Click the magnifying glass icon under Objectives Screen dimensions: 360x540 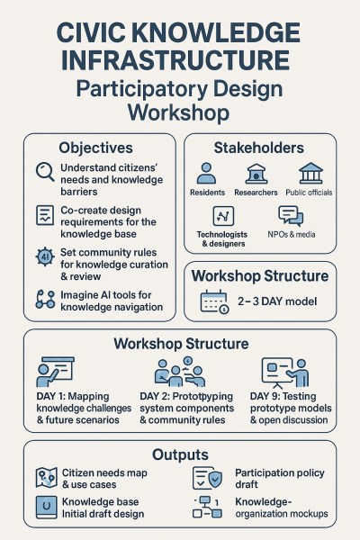[45, 172]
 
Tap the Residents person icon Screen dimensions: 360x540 [206, 173]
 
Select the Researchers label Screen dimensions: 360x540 [256, 193]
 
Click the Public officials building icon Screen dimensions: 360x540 [310, 173]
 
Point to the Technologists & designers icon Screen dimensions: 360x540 [223, 216]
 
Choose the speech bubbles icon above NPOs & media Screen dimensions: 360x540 [291, 216]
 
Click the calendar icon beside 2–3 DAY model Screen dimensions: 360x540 [214, 301]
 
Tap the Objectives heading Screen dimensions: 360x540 [95, 148]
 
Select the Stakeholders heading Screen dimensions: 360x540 [259, 148]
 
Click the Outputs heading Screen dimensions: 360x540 [181, 454]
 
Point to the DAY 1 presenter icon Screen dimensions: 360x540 [55, 372]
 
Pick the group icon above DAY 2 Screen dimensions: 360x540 [180, 372]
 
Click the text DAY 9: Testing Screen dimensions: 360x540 [283, 396]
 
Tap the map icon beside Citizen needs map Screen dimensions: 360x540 [47, 478]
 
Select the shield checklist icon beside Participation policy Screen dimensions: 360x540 [207, 478]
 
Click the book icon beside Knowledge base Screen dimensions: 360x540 [47, 507]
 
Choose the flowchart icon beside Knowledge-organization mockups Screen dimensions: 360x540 [207, 507]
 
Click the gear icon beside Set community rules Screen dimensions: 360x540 [45, 256]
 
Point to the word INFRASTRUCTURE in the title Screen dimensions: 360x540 [175, 60]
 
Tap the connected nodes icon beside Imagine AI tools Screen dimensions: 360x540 [45, 300]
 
